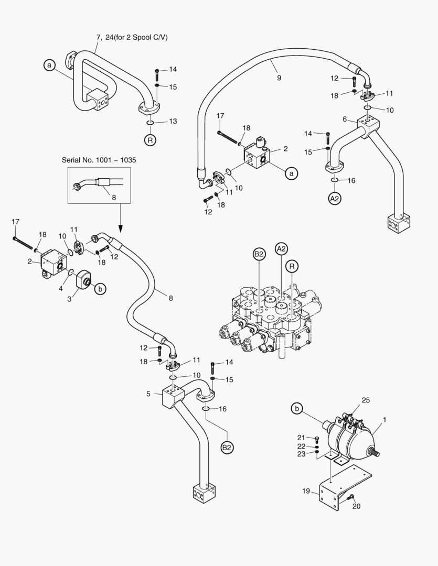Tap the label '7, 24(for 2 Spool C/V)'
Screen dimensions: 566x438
pos(132,37)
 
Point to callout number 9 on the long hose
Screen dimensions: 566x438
pos(279,78)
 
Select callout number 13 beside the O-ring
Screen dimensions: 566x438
pos(173,121)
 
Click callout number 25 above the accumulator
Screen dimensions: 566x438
pos(366,400)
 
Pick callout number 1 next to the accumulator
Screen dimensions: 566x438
pos(384,419)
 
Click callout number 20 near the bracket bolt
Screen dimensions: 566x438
pos(357,506)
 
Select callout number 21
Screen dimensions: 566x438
pos(301,438)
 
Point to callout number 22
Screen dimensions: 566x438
pos(301,446)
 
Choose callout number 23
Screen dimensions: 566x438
pos(301,454)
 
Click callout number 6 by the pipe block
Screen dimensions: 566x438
pos(345,119)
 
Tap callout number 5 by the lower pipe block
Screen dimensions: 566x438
pos(148,394)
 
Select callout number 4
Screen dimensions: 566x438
pos(60,288)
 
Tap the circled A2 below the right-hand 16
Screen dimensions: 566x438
pos(335,198)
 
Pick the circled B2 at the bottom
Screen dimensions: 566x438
pos(227,448)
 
